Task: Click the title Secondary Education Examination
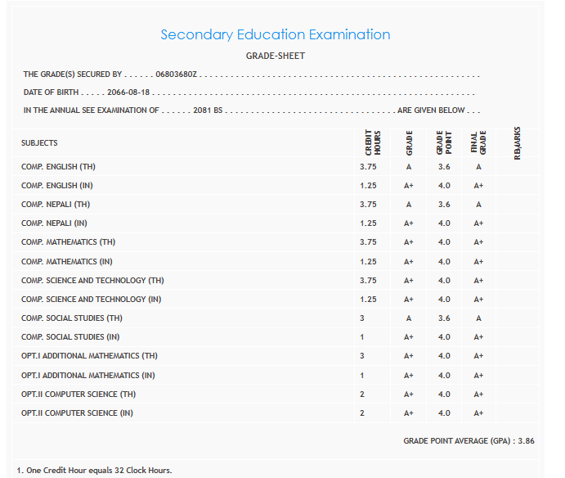point(275,34)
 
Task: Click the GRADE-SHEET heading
point(275,56)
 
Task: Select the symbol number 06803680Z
point(177,74)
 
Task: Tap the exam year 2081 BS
point(208,110)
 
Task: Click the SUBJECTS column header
point(39,143)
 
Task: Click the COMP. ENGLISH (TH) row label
point(58,167)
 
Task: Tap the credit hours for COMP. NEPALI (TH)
point(368,205)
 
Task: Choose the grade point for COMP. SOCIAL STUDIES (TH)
point(444,318)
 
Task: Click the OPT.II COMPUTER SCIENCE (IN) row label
point(77,413)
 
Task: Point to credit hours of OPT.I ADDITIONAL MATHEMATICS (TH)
point(362,356)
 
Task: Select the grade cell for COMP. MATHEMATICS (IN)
point(409,262)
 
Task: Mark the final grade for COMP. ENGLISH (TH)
point(478,167)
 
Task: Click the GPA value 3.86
point(526,440)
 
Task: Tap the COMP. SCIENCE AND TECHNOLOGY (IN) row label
point(91,300)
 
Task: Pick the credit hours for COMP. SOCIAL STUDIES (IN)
point(362,337)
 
